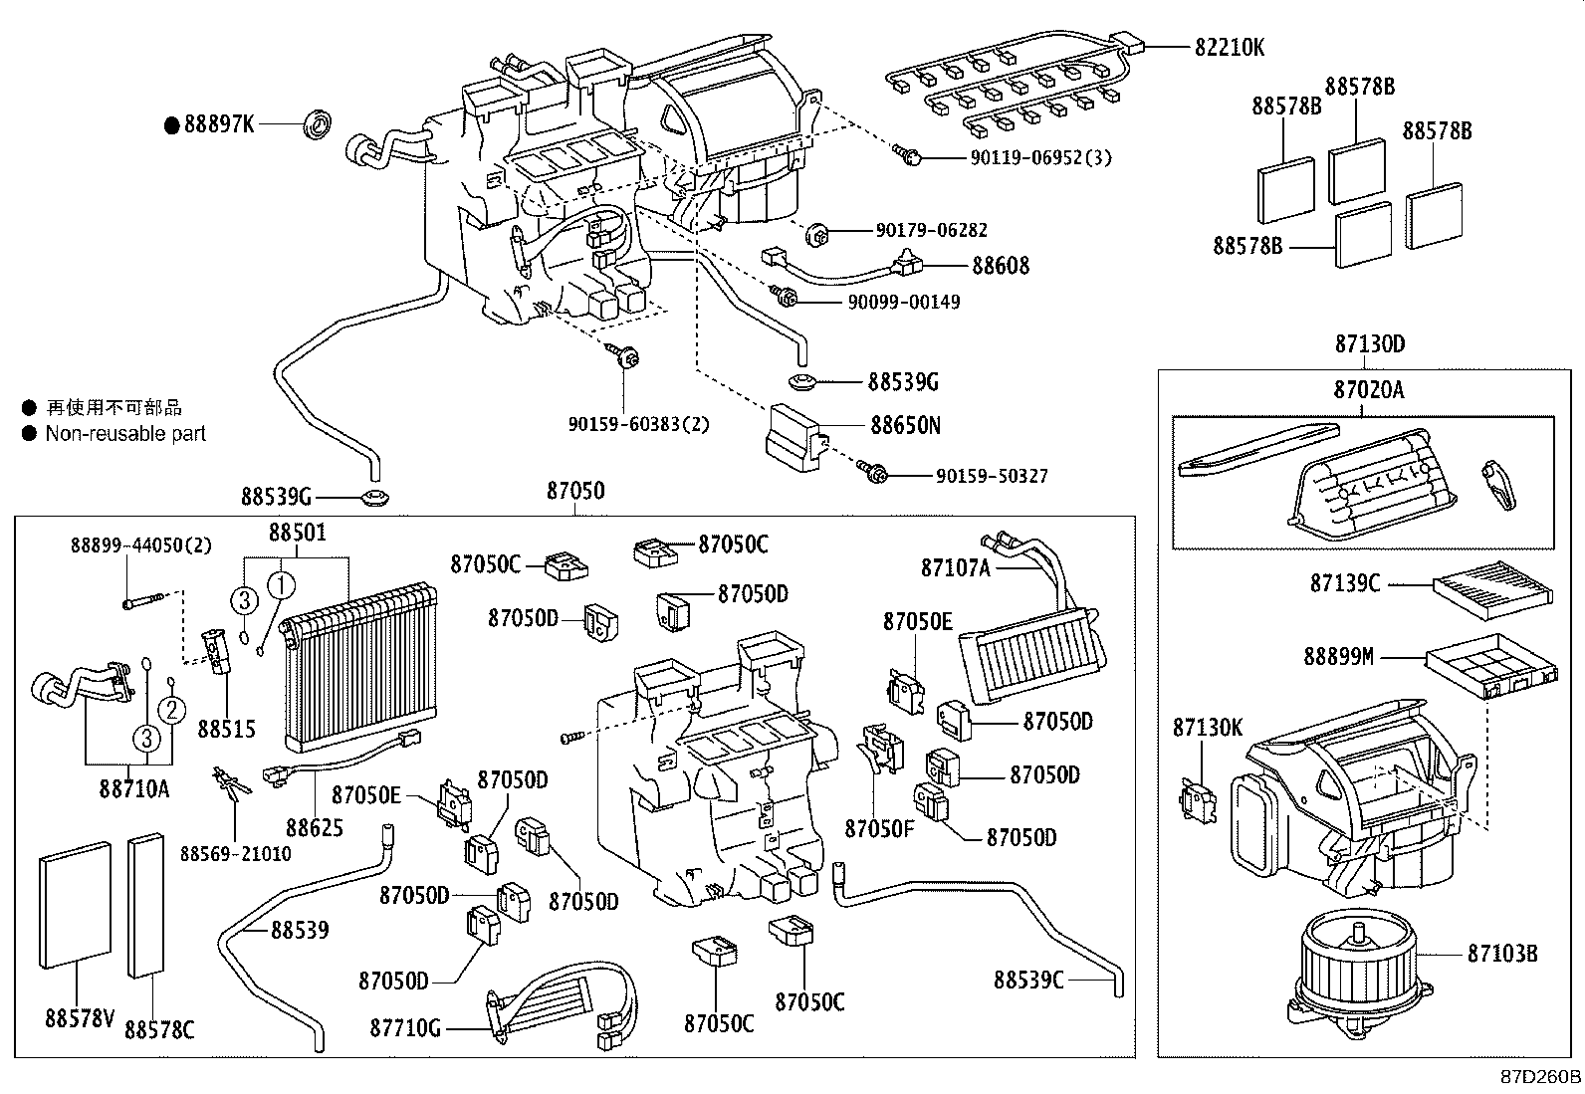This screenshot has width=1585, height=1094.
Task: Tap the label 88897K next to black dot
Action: (x=219, y=124)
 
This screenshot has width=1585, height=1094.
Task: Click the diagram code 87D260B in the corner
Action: (x=1541, y=1077)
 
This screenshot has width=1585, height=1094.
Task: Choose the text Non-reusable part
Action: (x=125, y=434)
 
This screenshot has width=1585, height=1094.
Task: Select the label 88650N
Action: (x=905, y=425)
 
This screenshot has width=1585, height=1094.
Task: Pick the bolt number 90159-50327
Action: (x=992, y=477)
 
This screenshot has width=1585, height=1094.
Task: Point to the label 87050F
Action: (x=879, y=828)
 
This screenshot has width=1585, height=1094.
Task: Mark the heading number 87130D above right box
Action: (x=1370, y=344)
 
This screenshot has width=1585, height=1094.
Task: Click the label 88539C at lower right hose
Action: (x=1028, y=980)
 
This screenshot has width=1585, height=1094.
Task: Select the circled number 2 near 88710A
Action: (x=171, y=709)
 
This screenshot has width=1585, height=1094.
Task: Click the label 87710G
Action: (x=405, y=1026)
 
